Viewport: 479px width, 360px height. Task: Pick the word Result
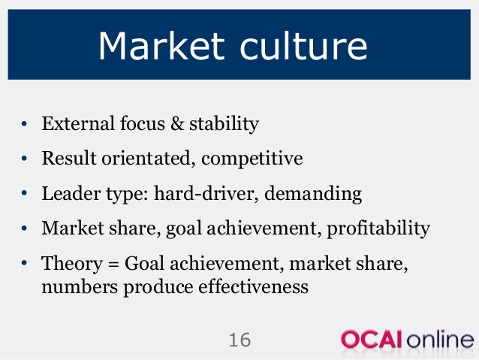[x=65, y=159]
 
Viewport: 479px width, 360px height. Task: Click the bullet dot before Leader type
[x=25, y=194]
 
